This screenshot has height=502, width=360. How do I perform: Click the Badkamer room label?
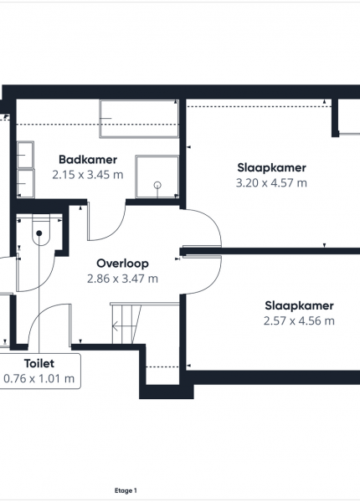[x=88, y=160]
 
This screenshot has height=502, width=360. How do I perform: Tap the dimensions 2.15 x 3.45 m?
[x=88, y=175]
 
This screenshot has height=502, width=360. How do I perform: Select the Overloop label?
[x=123, y=264]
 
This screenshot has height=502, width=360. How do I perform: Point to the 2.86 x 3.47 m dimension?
[x=123, y=279]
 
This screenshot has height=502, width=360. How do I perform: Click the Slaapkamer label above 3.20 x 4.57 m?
[x=271, y=168]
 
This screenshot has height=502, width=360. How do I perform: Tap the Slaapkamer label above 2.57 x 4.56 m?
[x=299, y=305]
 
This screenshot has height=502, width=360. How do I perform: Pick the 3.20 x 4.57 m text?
[x=271, y=183]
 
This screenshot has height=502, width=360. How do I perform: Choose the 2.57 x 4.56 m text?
[x=299, y=320]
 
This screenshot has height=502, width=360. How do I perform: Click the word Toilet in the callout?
[x=39, y=364]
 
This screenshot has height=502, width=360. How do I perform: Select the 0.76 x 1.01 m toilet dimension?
[x=39, y=379]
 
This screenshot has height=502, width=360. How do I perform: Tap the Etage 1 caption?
[x=126, y=490]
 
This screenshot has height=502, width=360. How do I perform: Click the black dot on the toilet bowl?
[x=39, y=233]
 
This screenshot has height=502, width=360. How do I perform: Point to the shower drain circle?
[x=157, y=185]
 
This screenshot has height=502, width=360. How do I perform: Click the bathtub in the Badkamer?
[x=139, y=119]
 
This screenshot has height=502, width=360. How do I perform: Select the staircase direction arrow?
[x=124, y=326]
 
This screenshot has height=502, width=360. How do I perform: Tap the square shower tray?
[x=157, y=177]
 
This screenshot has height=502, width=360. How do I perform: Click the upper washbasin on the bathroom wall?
[x=25, y=155]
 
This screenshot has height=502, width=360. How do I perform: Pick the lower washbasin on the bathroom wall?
[x=25, y=183]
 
